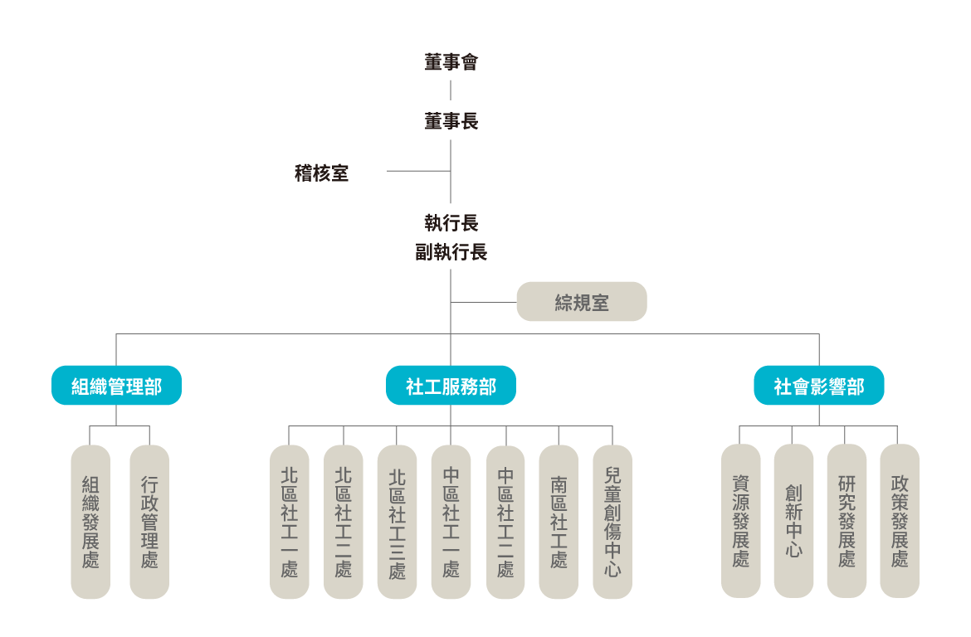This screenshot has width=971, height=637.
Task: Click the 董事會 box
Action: coord(451,61)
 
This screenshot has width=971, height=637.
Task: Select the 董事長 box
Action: coord(451,120)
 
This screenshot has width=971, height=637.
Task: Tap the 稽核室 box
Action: coord(321,172)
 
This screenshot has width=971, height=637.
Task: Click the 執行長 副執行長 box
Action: coord(451,236)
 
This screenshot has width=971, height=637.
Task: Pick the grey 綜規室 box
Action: coord(581,302)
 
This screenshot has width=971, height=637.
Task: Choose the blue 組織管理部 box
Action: coord(116,386)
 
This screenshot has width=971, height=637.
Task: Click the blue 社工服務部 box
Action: coord(451,386)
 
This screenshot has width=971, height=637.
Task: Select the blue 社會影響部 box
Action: coord(818,386)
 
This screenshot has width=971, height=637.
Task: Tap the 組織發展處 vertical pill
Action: coord(90,521)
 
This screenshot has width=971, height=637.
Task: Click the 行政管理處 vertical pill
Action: coord(149,521)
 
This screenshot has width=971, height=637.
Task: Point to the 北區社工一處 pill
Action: coord(290,521)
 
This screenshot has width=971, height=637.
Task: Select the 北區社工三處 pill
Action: coord(397,521)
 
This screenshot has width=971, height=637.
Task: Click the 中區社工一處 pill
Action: coord(451,521)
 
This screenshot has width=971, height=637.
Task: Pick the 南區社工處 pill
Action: coord(559,521)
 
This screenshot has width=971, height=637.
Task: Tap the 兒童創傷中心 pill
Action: coord(612,521)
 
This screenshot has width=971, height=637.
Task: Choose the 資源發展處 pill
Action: coord(740,520)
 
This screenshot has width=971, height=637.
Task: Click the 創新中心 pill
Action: coord(793,520)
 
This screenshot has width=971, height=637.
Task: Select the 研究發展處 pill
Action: coord(847,520)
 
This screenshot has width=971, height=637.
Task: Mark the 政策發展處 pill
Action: coord(900,520)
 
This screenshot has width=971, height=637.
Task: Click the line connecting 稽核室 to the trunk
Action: coord(418,172)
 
